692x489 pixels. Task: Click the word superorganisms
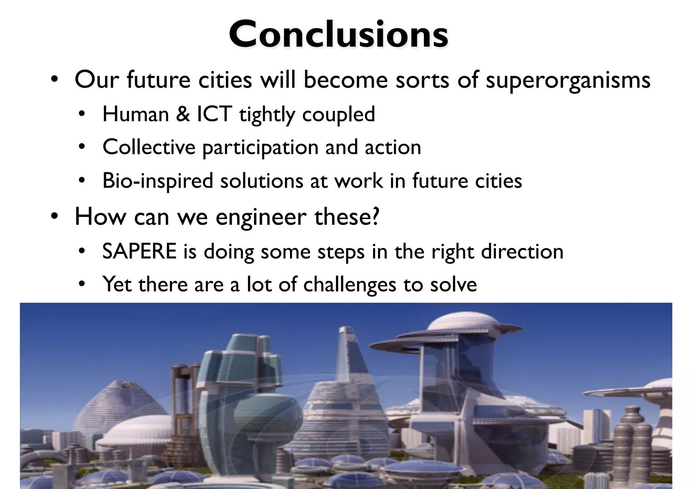click(568, 81)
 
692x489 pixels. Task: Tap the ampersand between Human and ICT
click(183, 114)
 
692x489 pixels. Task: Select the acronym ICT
click(214, 114)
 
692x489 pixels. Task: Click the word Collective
click(149, 147)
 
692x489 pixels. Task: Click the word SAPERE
click(139, 251)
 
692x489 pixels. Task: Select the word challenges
click(349, 285)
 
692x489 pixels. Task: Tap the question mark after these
click(375, 216)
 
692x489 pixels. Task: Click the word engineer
click(261, 218)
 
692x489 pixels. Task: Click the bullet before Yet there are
click(81, 285)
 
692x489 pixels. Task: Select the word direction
click(522, 251)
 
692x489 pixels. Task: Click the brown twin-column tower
click(184, 399)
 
